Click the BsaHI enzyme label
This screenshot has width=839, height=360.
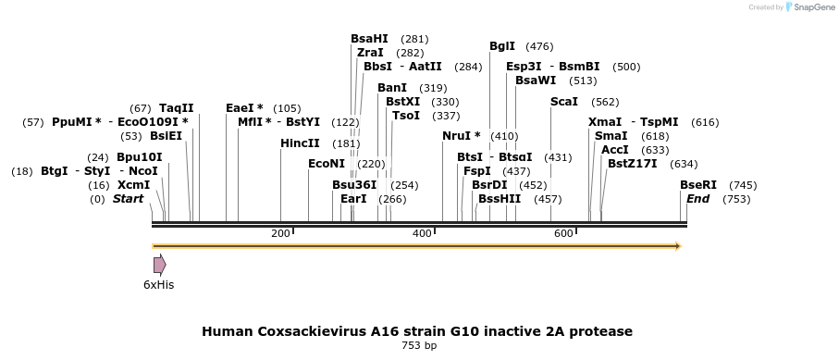pos(369,39)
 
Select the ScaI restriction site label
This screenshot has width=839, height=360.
pos(564,102)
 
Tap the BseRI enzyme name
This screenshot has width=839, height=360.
pos(697,185)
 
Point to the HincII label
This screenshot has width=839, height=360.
pos(300,143)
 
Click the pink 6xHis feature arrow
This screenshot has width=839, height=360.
pos(160,265)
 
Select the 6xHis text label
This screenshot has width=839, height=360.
pos(158,285)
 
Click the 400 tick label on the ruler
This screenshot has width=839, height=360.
pos(422,233)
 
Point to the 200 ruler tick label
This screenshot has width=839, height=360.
pos(280,233)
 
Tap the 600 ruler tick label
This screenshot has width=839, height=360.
pos(563,233)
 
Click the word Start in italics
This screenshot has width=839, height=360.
pos(128,199)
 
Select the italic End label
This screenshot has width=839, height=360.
pos(697,199)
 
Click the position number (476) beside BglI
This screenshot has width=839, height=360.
pos(539,46)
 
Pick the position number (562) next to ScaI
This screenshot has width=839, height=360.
pos(605,103)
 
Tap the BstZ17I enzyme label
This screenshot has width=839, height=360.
pos(632,164)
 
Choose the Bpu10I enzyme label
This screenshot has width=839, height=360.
pos(139,157)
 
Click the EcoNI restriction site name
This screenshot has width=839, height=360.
pos(327,164)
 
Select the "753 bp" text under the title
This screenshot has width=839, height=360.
pos(419,345)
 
